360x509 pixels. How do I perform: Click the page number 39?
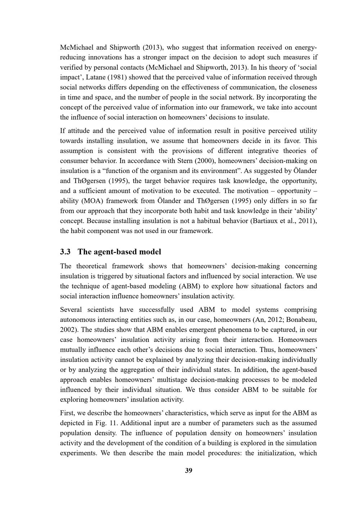(188, 471)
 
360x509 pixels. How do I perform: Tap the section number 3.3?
(65, 252)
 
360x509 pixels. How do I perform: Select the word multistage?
(178, 380)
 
